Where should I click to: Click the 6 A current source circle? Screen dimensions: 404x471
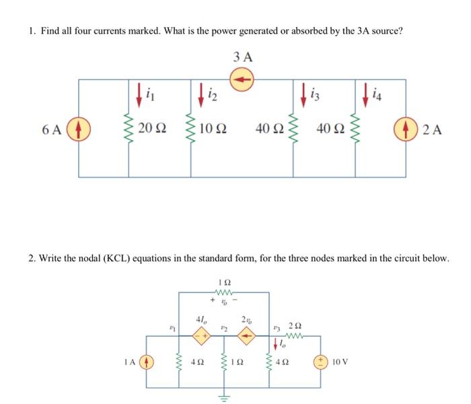pyautogui.click(x=79, y=129)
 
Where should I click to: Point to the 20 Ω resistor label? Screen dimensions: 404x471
pyautogui.click(x=153, y=129)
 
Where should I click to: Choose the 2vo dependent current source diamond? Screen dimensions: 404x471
pyautogui.click(x=247, y=337)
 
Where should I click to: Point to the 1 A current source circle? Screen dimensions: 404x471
pyautogui.click(x=147, y=362)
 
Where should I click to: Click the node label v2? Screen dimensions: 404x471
pyautogui.click(x=224, y=328)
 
